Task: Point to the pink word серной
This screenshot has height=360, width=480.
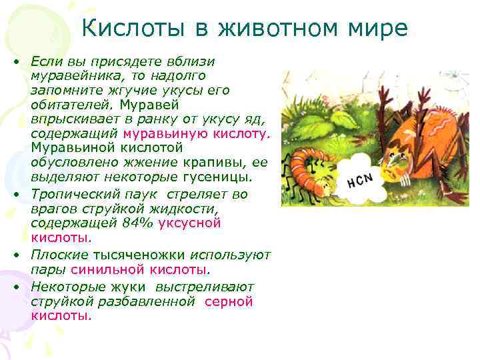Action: pos(229,301)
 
